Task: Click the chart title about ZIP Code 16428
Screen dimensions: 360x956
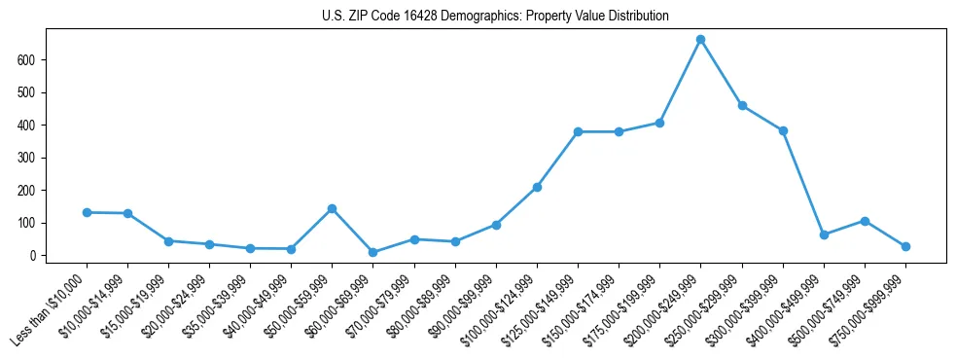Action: tap(495, 17)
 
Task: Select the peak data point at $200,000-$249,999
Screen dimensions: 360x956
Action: tap(700, 40)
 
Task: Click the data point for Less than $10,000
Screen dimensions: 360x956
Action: tap(87, 212)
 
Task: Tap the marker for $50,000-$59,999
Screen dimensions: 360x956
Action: tap(332, 208)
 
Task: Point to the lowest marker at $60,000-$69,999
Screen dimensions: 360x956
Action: tap(372, 252)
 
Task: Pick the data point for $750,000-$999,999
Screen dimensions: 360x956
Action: tap(905, 246)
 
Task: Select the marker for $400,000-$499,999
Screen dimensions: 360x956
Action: tap(824, 234)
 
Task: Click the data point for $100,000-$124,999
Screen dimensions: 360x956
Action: tap(537, 187)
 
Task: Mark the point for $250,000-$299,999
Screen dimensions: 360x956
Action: tap(742, 105)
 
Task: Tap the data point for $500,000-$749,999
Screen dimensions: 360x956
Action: tap(865, 221)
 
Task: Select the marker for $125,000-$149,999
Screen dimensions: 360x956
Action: tap(578, 131)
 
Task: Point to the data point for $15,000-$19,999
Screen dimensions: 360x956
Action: tap(168, 240)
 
